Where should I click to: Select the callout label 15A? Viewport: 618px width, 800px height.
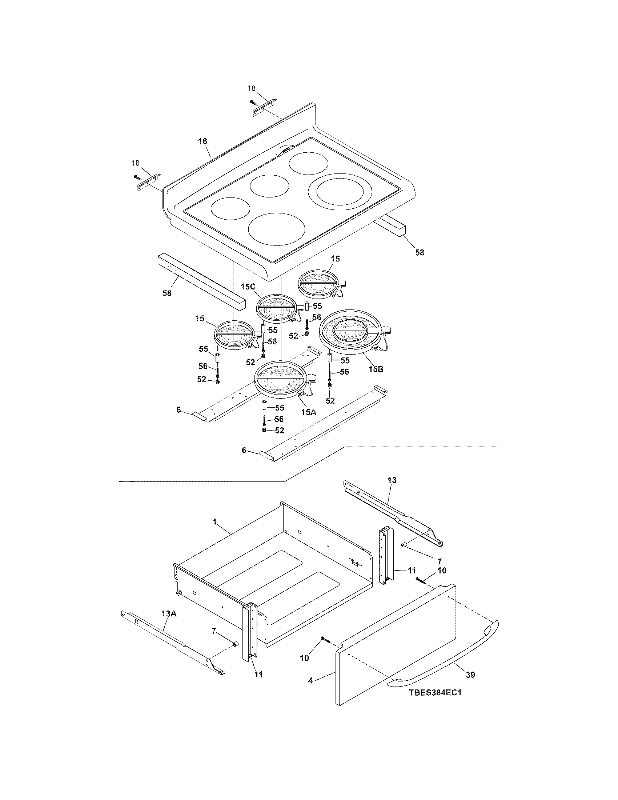tap(308, 412)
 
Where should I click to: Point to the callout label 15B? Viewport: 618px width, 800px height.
tap(376, 369)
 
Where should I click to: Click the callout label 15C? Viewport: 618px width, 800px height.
tap(248, 287)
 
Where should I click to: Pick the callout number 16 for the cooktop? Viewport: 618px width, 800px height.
tap(202, 141)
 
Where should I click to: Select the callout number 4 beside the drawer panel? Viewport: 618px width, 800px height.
tap(310, 681)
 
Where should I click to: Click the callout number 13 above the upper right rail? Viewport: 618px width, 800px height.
tap(392, 480)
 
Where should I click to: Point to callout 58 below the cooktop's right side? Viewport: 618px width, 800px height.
tap(420, 252)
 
